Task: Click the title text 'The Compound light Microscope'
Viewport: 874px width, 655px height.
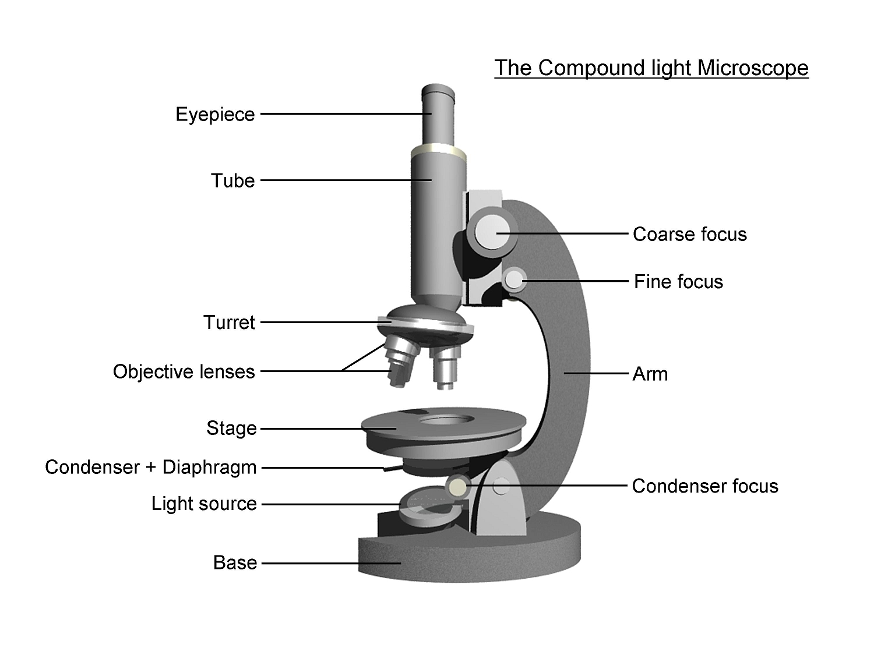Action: (x=651, y=68)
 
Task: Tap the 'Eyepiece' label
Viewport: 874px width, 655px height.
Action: (x=215, y=114)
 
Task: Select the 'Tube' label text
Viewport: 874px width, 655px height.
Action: (x=232, y=180)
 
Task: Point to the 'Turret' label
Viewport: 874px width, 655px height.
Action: (x=229, y=322)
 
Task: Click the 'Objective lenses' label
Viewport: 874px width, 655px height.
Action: (x=184, y=371)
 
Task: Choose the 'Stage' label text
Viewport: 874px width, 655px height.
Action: (x=231, y=429)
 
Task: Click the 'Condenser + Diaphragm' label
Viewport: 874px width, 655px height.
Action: (x=150, y=467)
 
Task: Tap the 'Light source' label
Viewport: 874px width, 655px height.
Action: (x=204, y=504)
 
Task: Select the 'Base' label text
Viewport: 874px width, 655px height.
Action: (x=235, y=562)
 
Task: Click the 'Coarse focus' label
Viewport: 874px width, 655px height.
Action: (x=689, y=234)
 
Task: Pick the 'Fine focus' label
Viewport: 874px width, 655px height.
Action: (x=678, y=282)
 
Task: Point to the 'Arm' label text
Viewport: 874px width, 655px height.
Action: (x=650, y=374)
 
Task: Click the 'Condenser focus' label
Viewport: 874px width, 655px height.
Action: (x=705, y=486)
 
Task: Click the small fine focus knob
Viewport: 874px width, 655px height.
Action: (x=514, y=279)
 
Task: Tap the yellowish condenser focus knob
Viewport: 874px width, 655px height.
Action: (x=457, y=486)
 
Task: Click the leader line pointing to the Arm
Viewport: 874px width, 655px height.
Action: (x=597, y=373)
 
